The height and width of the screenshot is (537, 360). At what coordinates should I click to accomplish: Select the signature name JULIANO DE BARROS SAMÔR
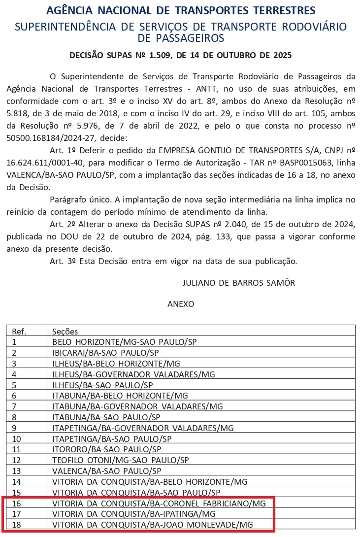click(239, 283)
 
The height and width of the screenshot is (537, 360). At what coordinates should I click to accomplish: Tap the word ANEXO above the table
click(181, 304)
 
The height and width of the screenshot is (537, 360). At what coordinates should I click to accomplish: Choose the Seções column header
click(65, 332)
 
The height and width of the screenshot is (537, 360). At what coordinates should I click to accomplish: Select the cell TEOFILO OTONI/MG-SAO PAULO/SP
click(121, 460)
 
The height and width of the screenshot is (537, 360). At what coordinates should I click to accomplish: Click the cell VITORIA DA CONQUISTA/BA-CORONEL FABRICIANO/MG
click(159, 503)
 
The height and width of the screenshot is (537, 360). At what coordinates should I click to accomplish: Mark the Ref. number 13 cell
click(17, 471)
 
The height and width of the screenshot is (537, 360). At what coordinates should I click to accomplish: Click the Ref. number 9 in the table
click(15, 428)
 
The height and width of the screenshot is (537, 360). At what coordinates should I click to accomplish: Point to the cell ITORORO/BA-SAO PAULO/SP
click(107, 449)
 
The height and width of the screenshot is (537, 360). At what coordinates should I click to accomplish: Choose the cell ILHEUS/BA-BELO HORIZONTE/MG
click(116, 363)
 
